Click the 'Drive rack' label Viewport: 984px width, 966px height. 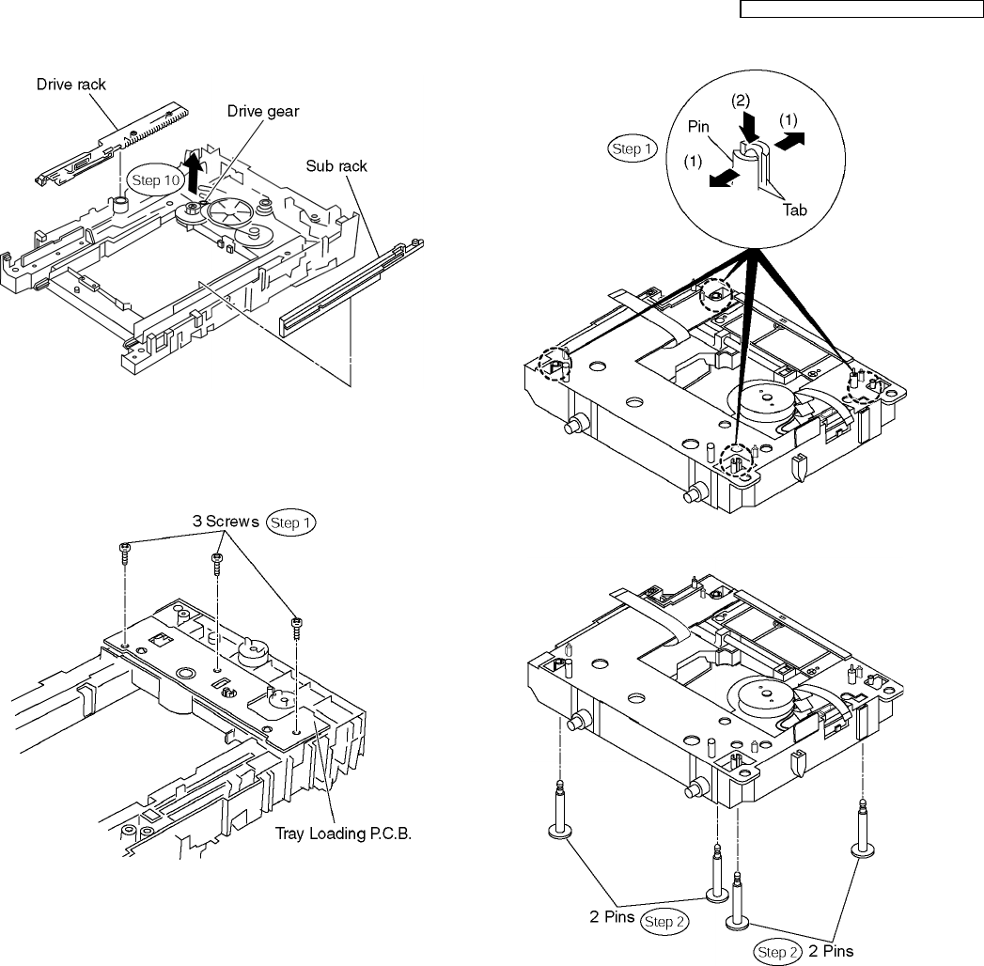click(71, 85)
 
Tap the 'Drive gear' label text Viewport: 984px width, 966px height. click(263, 111)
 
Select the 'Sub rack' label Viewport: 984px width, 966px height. click(336, 166)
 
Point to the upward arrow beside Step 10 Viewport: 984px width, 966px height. click(193, 171)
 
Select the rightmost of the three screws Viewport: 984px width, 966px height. click(297, 624)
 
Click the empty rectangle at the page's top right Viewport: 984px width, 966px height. click(859, 9)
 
